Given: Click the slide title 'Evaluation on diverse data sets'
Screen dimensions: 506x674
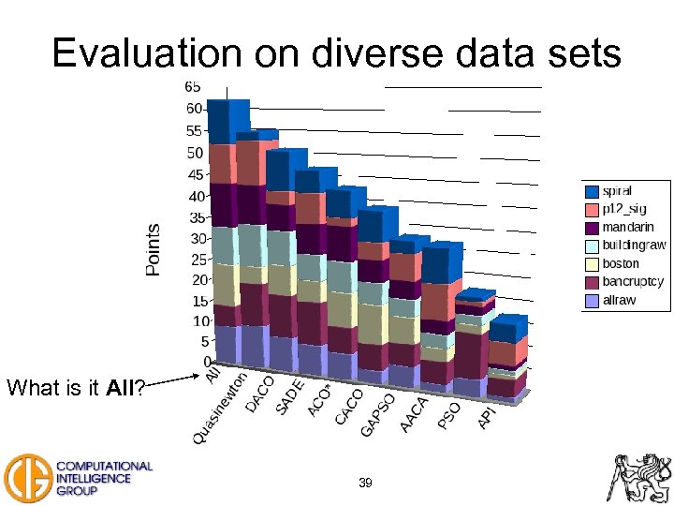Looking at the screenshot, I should [x=337, y=53].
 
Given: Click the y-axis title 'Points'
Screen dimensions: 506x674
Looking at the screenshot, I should [x=154, y=248].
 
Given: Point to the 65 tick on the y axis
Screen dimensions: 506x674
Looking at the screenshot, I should [x=192, y=86].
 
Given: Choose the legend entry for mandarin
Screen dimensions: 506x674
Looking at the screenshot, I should [x=626, y=228].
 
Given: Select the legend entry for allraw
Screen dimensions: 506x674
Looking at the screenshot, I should [x=620, y=300].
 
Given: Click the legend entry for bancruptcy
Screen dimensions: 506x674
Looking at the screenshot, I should [x=632, y=281].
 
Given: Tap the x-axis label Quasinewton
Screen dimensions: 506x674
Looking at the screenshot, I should [x=221, y=409].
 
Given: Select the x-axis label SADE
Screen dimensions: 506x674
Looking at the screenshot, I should [x=290, y=398].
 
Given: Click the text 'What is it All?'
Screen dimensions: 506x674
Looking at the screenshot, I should [x=76, y=387].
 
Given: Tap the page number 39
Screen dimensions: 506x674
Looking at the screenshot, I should [x=365, y=483].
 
